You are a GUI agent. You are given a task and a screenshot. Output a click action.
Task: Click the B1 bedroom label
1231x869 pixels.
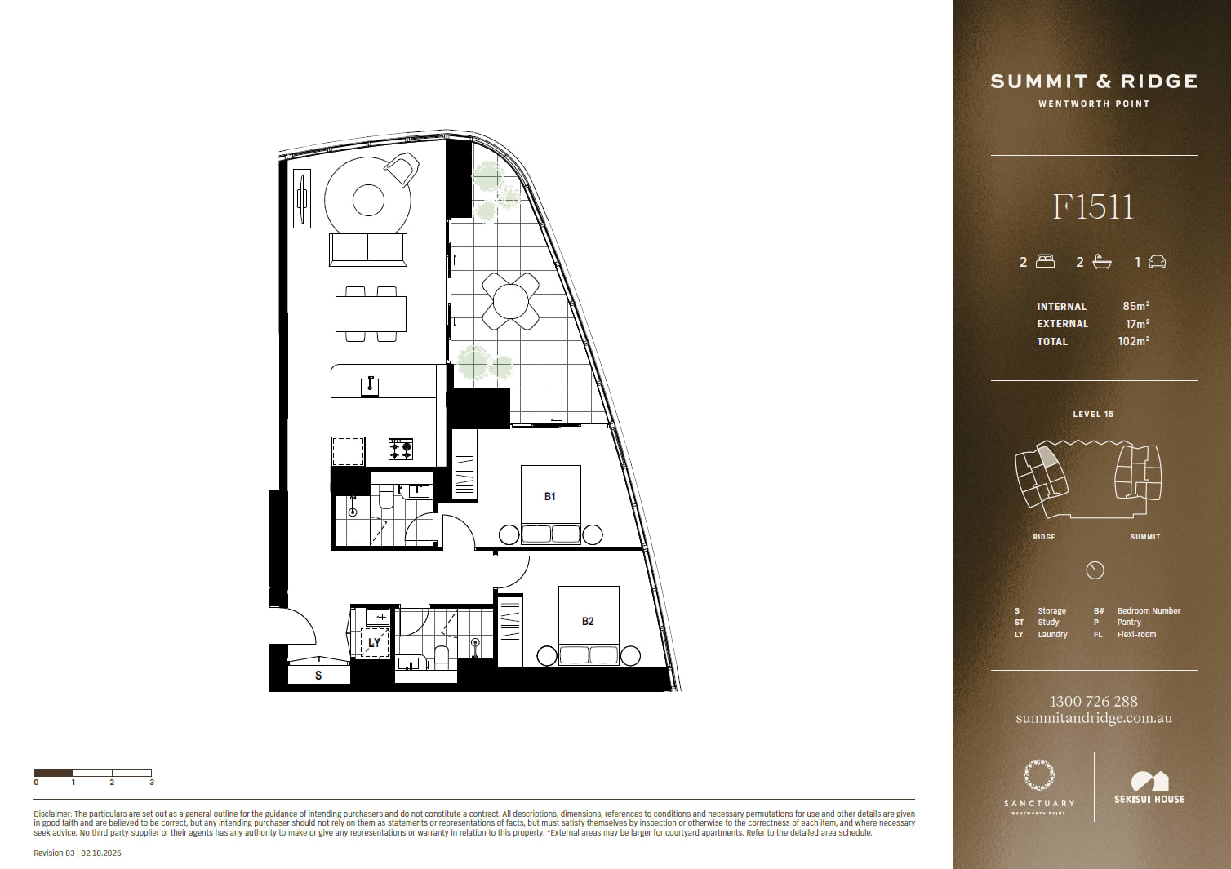point(550,497)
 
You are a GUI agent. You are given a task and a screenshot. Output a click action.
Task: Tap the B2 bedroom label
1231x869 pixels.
point(588,621)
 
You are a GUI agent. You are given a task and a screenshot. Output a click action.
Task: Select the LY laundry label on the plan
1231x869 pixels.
point(374,643)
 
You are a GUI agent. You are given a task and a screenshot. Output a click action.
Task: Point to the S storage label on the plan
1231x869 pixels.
point(318,676)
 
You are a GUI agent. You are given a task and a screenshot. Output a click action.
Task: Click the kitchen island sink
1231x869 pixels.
point(370,386)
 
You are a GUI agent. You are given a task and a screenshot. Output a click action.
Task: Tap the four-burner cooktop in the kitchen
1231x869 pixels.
point(401,450)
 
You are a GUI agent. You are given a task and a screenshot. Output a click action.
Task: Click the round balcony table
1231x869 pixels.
point(510,301)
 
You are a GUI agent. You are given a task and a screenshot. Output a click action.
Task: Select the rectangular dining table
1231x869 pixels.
point(371,314)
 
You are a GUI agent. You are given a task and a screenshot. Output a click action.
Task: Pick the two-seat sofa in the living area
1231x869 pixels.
point(368,250)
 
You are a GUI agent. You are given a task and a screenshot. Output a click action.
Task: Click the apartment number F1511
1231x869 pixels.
point(1093,207)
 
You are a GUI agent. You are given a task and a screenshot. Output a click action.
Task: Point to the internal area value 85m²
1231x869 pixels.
point(1136,306)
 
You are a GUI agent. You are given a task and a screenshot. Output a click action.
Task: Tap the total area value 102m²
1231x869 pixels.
point(1134,341)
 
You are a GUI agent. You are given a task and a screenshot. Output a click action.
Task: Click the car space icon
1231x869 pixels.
point(1157,261)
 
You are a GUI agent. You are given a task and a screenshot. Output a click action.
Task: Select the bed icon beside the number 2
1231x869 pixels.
point(1045,261)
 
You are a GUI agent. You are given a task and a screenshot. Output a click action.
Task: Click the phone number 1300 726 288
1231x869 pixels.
point(1094,702)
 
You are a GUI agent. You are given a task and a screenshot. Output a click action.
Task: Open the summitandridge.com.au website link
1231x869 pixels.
point(1094,718)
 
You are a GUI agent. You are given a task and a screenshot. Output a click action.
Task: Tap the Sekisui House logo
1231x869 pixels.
point(1149,787)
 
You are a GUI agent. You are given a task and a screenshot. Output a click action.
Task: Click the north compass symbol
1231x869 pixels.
point(1095,570)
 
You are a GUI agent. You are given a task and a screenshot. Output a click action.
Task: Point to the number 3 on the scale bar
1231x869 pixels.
point(152,783)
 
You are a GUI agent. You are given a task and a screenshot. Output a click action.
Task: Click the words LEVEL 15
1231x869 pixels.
point(1093,415)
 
